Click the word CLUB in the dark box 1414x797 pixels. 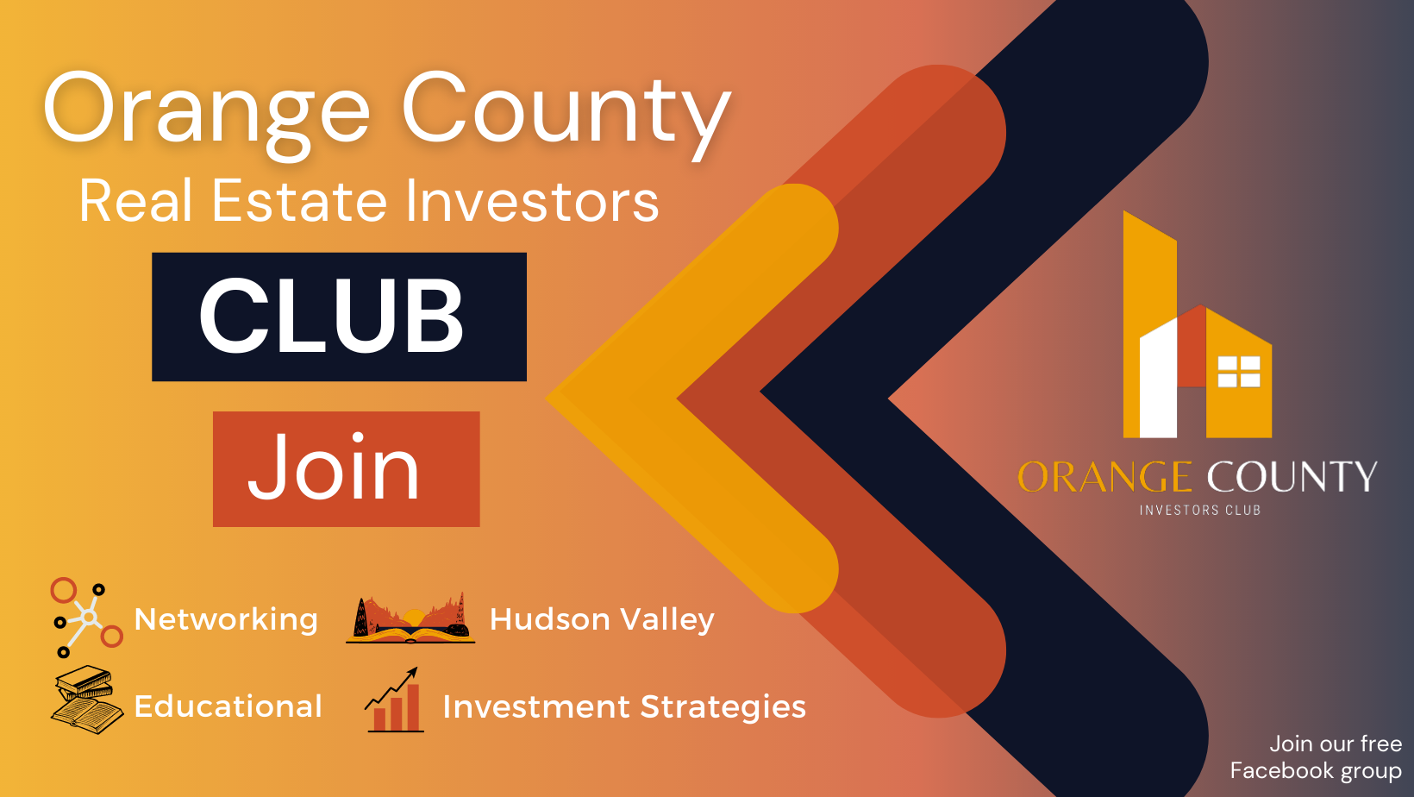tap(332, 316)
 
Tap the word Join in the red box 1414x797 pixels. tap(334, 468)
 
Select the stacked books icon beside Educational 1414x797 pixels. tap(87, 700)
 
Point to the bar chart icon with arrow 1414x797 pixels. tap(394, 700)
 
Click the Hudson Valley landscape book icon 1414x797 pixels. tap(410, 618)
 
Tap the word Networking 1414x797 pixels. tap(226, 619)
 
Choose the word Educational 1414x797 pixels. tap(228, 706)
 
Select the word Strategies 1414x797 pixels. tap(723, 707)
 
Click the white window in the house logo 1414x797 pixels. tap(1238, 372)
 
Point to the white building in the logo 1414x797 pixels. tap(1158, 379)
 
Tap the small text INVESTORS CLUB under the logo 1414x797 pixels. tap(1200, 511)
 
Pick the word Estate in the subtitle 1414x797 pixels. tap(299, 201)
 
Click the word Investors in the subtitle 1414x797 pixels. tap(532, 201)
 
